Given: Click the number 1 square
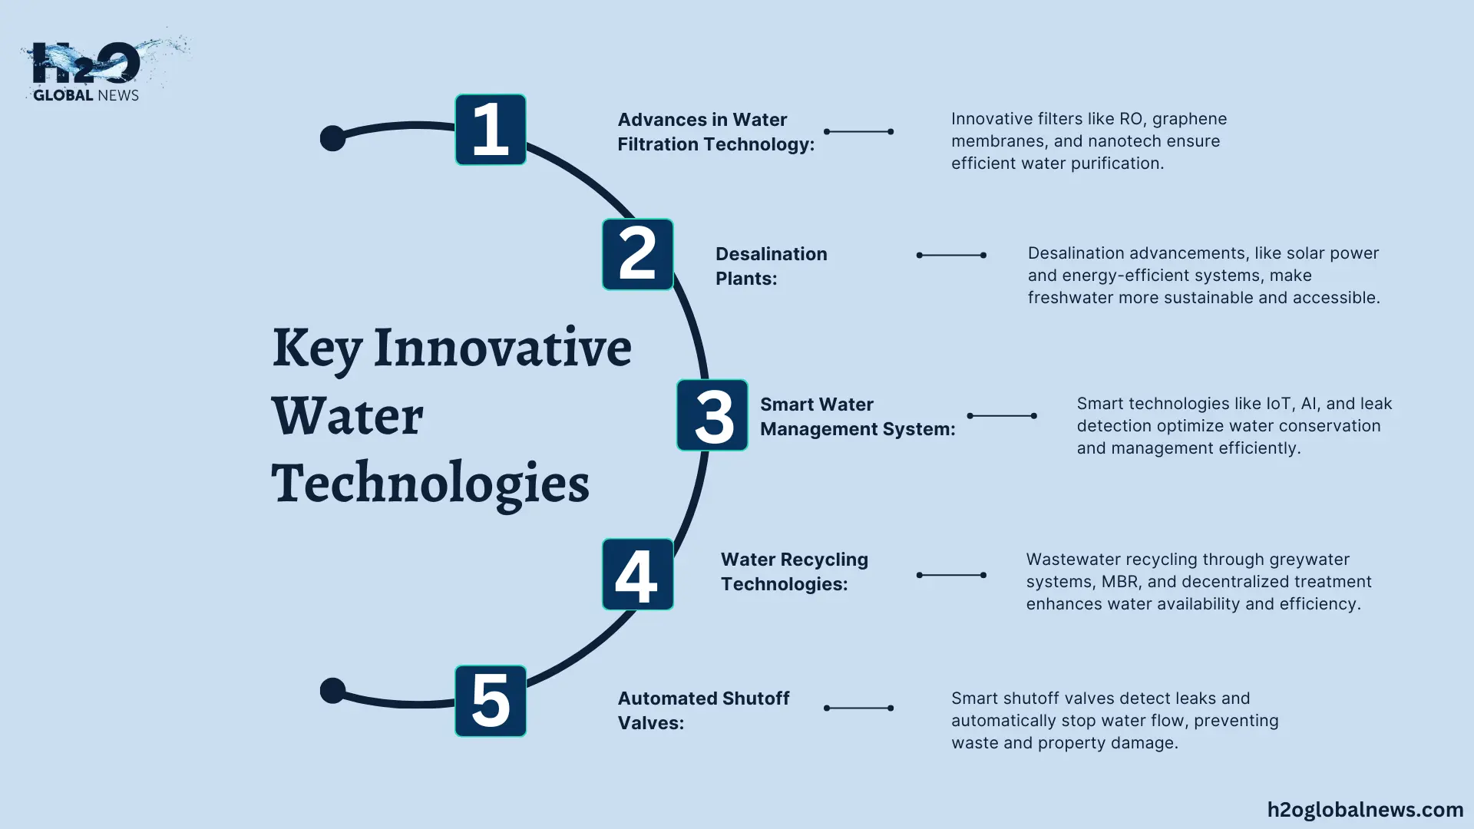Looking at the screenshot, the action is coord(491,130).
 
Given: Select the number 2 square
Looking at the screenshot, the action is coord(638,254).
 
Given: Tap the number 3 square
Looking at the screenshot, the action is coord(712,414).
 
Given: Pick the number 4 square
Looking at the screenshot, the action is coord(638,574).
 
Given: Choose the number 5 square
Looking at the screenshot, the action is coord(491,701).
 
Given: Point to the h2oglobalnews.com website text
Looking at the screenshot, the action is coord(1365,810).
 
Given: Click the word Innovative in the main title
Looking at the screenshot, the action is coord(502,347).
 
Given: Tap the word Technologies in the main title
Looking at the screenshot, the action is coord(430,484).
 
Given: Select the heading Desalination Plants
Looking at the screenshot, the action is coord(772,266).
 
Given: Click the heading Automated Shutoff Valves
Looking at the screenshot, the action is coord(703,710).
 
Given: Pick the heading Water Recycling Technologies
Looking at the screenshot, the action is coord(795,571).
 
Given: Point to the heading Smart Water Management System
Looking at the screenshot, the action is coord(858,416).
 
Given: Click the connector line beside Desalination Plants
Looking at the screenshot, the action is coord(951,255).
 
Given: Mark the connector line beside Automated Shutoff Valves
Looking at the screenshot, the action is coord(858,708).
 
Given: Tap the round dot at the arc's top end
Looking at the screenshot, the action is coord(332,138).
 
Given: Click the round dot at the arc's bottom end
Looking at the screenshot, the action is coord(332,691).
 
